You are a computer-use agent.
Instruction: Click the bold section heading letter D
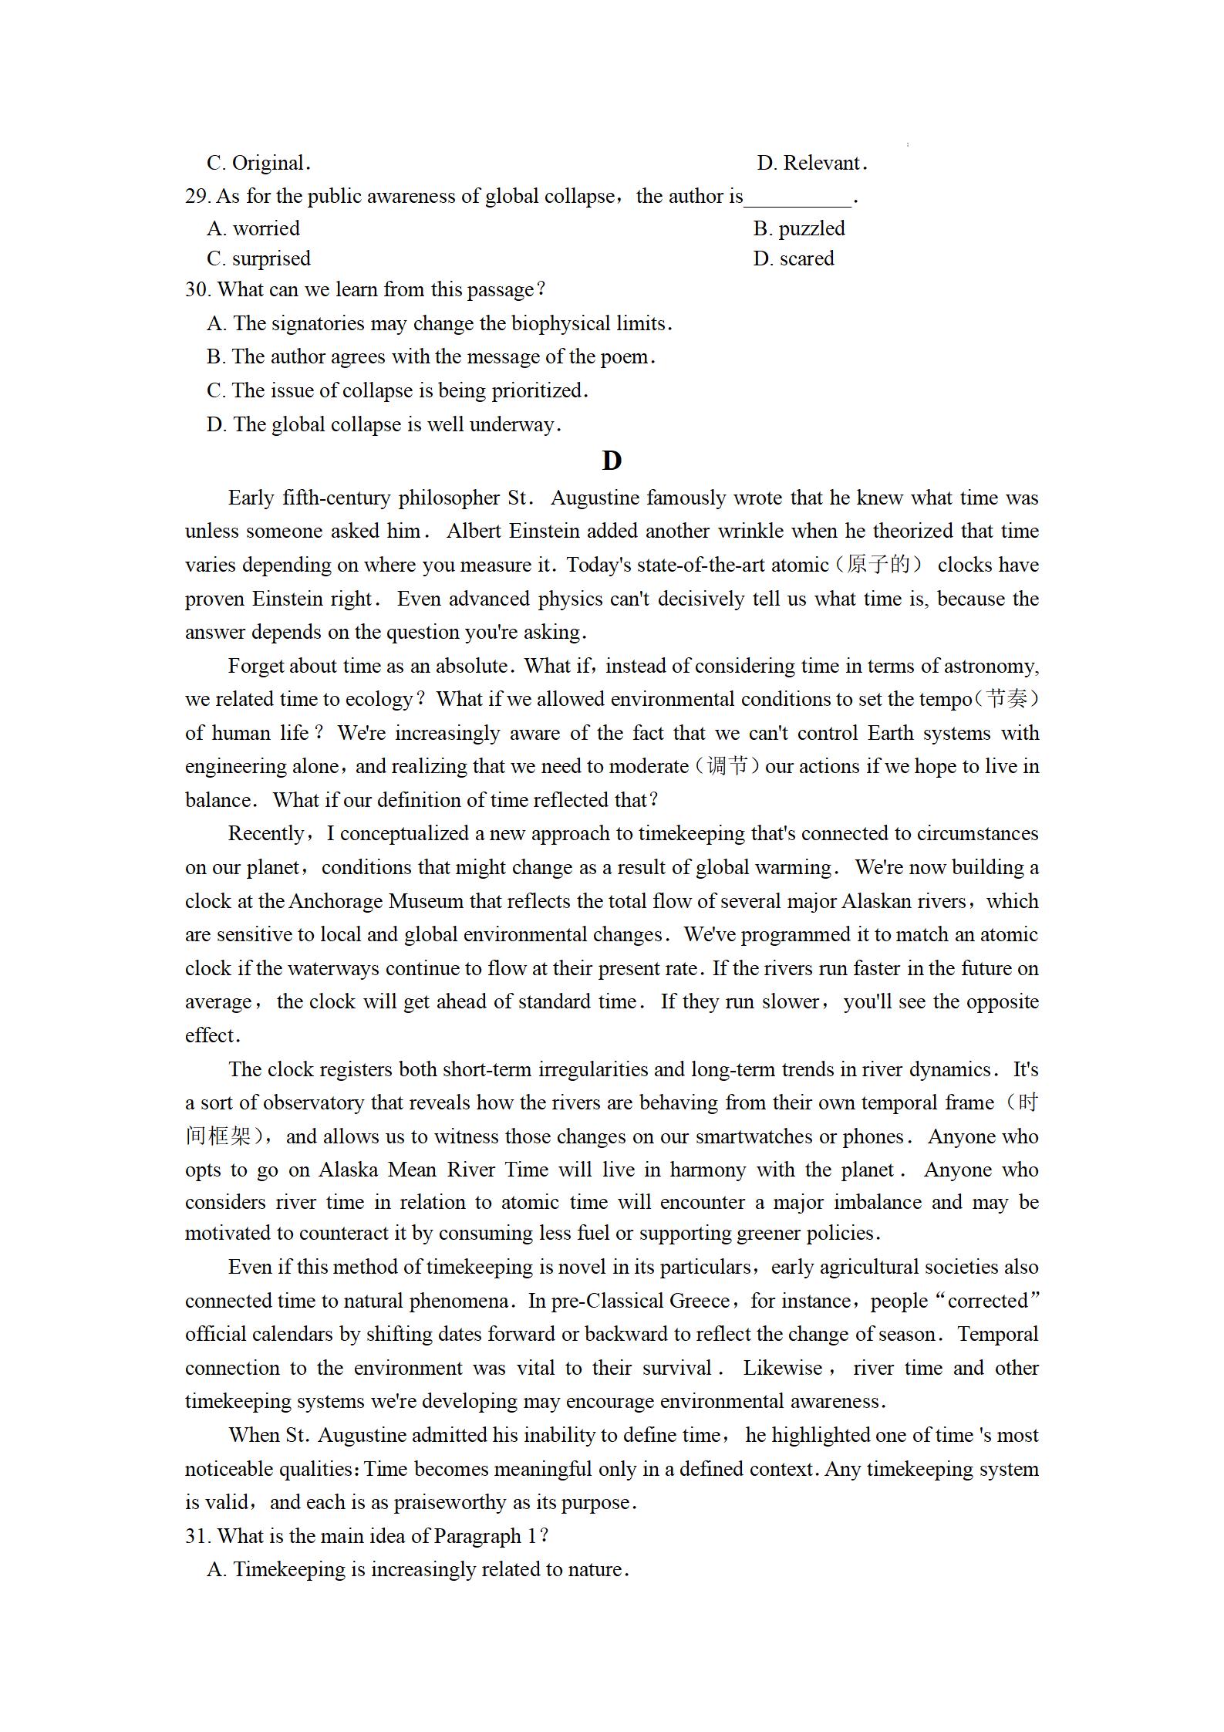(611, 461)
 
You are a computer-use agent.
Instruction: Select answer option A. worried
(253, 228)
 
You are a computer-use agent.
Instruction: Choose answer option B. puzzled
(799, 228)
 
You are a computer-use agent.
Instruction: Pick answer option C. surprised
(258, 258)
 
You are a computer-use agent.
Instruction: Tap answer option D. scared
(794, 258)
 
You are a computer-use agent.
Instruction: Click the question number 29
(197, 197)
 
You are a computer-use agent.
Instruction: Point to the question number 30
(197, 289)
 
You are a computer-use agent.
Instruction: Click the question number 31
(197, 1536)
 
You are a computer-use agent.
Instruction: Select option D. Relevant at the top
(811, 163)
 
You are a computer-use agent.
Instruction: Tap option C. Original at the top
(258, 163)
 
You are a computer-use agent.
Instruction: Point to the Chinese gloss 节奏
(1007, 699)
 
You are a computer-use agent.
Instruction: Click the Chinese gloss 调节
(727, 766)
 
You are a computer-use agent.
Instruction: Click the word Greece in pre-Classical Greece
(700, 1301)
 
